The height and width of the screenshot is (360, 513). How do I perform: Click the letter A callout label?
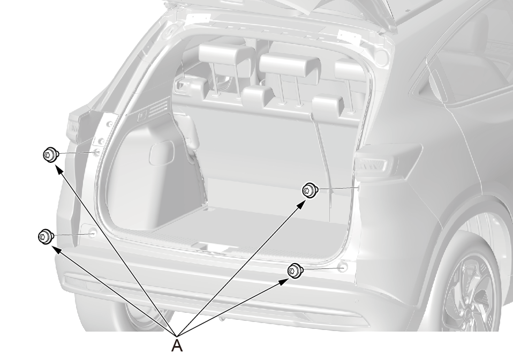coord(177,346)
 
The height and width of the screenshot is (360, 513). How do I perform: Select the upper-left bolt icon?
coord(51,154)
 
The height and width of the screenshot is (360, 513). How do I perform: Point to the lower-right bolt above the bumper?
coord(295,271)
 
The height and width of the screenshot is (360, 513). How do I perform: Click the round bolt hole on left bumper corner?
coord(93,234)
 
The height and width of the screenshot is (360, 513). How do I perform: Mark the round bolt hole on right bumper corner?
coord(343,268)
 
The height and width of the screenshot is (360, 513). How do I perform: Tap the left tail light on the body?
coord(73,127)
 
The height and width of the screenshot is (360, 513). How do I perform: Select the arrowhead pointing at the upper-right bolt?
coord(301,205)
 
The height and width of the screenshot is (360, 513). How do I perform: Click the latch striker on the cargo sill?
coord(211,247)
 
